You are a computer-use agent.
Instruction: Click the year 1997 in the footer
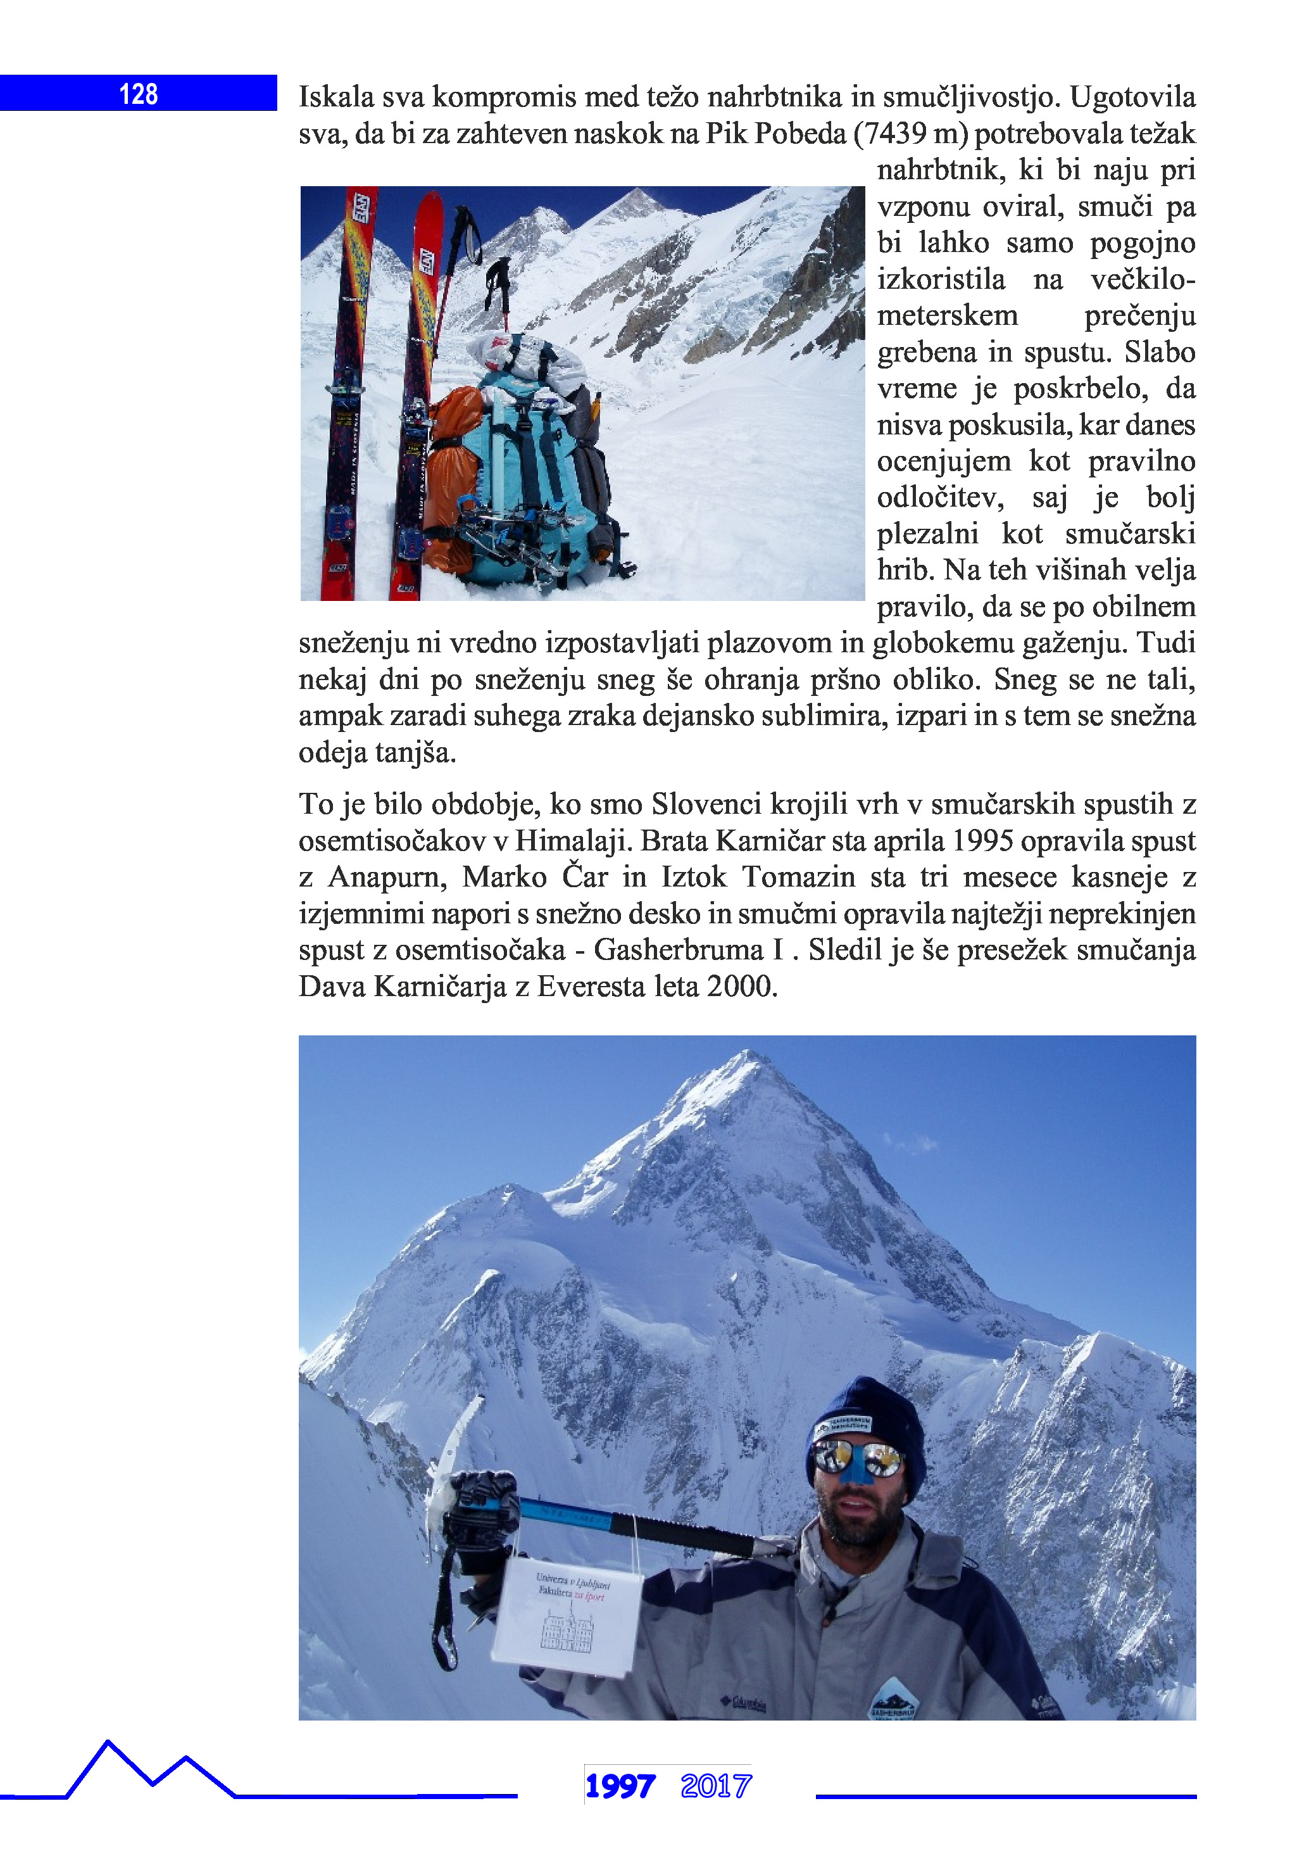pos(620,1786)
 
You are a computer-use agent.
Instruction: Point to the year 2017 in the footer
pos(716,1786)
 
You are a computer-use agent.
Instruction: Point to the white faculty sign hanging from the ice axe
pos(568,1617)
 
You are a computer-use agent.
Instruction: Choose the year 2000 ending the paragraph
pos(739,987)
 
